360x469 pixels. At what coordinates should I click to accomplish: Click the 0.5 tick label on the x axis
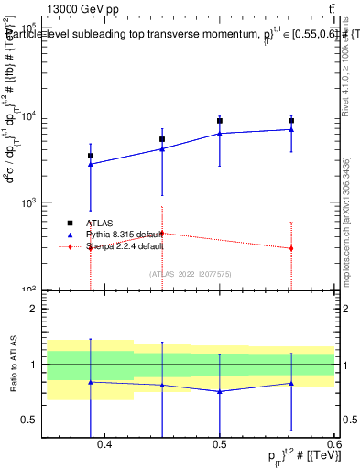[x=220, y=445]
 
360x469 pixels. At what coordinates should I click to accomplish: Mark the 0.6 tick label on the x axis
[x=333, y=445]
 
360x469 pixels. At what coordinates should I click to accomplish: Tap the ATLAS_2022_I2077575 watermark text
[x=191, y=274]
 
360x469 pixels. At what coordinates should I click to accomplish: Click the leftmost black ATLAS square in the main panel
[x=90, y=156]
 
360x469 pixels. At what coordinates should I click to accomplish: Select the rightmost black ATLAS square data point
[x=291, y=120]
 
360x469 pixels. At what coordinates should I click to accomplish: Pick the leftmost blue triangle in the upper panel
[x=90, y=164]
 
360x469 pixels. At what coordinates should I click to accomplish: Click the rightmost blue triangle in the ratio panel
[x=291, y=383]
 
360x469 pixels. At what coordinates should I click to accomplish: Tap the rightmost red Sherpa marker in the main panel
[x=291, y=248]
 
